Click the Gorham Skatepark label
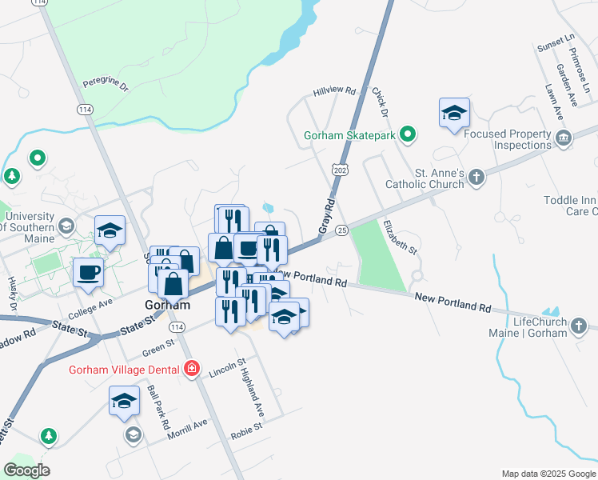[349, 135]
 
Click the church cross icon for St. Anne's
[476, 177]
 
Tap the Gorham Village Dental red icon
[191, 369]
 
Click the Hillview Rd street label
[334, 91]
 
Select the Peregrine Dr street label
[106, 83]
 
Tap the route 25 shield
[342, 230]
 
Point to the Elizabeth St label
[400, 238]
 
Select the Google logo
[26, 470]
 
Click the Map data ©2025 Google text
[548, 474]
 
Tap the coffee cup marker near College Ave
[88, 273]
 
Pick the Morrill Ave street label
[188, 429]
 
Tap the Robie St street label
[247, 429]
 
